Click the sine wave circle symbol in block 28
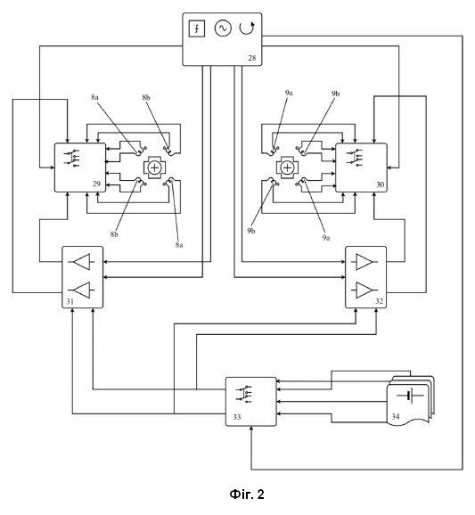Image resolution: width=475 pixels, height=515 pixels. pyautogui.click(x=223, y=29)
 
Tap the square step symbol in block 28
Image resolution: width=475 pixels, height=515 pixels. pyautogui.click(x=197, y=29)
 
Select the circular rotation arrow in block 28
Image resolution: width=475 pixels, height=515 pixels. pyautogui.click(x=247, y=28)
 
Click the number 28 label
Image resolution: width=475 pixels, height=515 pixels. pyautogui.click(x=252, y=58)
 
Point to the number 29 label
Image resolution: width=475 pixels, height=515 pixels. pyautogui.click(x=96, y=184)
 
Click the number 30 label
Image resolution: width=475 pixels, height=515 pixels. pyautogui.click(x=380, y=184)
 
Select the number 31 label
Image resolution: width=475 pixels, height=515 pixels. pyautogui.click(x=70, y=301)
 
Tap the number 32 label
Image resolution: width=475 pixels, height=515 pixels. pyautogui.click(x=379, y=301)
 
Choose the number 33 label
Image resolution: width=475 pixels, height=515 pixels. pyautogui.click(x=237, y=417)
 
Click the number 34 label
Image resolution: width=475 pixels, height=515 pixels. pyautogui.click(x=396, y=416)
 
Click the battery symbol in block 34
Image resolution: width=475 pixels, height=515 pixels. pyautogui.click(x=410, y=395)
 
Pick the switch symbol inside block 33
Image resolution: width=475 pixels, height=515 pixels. pyautogui.click(x=243, y=394)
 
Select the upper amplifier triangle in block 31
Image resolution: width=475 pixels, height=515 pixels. pyautogui.click(x=81, y=262)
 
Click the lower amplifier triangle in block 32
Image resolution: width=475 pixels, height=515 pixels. pyautogui.click(x=364, y=290)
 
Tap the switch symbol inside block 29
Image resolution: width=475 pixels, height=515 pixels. pyautogui.click(x=71, y=159)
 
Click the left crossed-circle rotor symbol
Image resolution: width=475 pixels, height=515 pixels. pyautogui.click(x=154, y=168)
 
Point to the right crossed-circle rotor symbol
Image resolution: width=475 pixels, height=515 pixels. pyautogui.click(x=287, y=168)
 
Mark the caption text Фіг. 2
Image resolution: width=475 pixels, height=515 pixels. pyautogui.click(x=247, y=494)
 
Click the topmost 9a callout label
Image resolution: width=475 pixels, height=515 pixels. pyautogui.click(x=289, y=93)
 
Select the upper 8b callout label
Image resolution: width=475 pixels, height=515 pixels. pyautogui.click(x=146, y=97)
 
